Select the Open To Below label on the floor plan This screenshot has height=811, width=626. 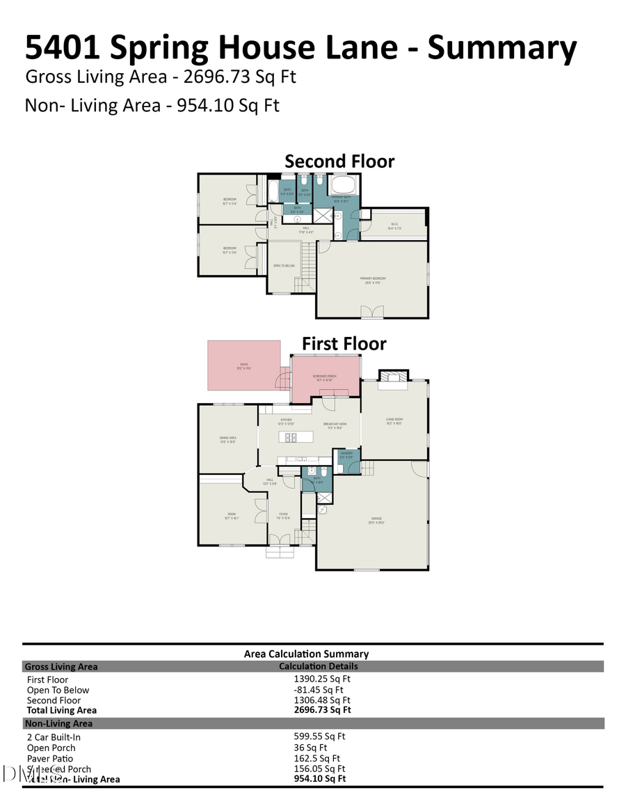(x=284, y=266)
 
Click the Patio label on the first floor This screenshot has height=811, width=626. (x=244, y=365)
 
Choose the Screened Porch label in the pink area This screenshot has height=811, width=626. (x=326, y=377)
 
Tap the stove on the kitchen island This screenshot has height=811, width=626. (x=291, y=437)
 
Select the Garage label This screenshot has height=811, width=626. (x=376, y=519)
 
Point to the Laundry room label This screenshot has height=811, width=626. (x=346, y=455)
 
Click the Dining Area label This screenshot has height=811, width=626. (x=228, y=439)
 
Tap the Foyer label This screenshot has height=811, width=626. (x=283, y=515)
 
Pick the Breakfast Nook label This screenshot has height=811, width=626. (x=335, y=425)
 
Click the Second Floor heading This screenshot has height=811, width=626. (x=339, y=162)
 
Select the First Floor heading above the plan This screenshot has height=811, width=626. (x=344, y=344)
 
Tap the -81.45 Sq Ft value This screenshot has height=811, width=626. (x=319, y=690)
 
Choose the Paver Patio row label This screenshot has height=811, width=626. (x=50, y=759)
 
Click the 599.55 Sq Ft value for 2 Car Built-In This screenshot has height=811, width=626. (x=319, y=736)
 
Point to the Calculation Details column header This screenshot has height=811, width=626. (x=319, y=666)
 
